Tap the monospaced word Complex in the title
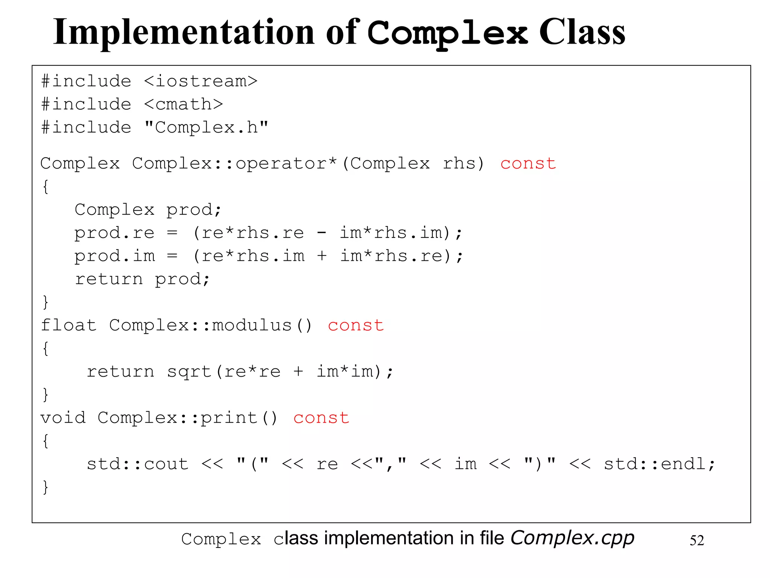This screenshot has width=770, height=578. pyautogui.click(x=447, y=33)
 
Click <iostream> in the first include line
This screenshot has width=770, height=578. pyautogui.click(x=201, y=81)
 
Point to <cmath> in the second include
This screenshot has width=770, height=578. pyautogui.click(x=183, y=104)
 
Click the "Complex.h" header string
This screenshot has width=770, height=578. pyautogui.click(x=206, y=128)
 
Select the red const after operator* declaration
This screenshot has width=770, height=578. pyautogui.click(x=528, y=164)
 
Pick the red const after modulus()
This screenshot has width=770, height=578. pyautogui.click(x=356, y=326)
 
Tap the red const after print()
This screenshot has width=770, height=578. pyautogui.click(x=321, y=418)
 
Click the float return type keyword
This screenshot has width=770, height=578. pyautogui.click(x=68, y=326)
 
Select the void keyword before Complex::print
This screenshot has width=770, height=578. pyautogui.click(x=63, y=418)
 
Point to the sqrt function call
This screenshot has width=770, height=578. pyautogui.click(x=189, y=372)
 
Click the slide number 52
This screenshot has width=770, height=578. pyautogui.click(x=697, y=541)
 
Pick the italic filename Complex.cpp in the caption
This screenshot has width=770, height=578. pyautogui.click(x=572, y=538)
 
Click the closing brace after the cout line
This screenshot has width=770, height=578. pyautogui.click(x=45, y=487)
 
